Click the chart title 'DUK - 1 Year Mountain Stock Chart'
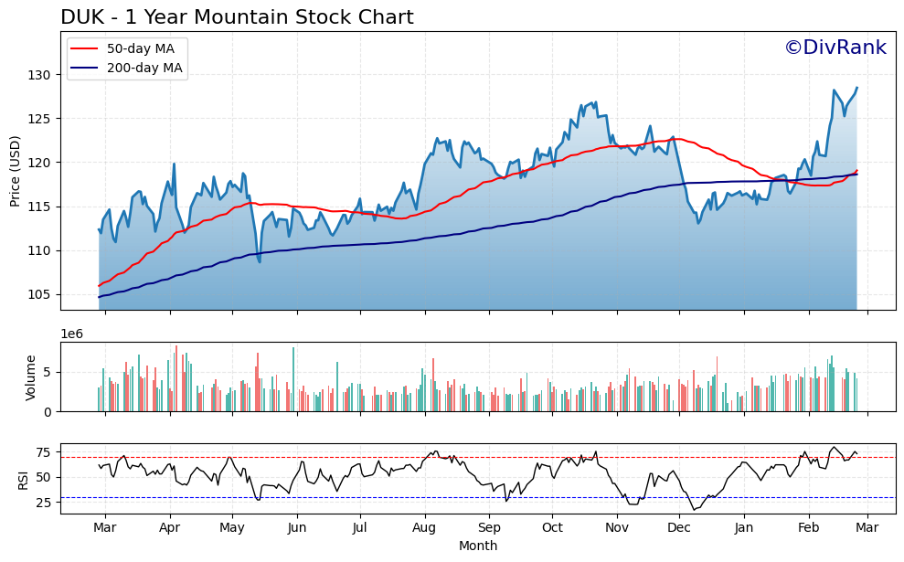[x=237, y=17]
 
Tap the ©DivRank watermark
[x=835, y=48]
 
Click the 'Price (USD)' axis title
[x=16, y=171]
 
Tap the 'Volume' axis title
[x=31, y=377]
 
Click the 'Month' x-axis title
[x=478, y=546]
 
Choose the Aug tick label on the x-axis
[x=424, y=528]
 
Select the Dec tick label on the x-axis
[x=679, y=528]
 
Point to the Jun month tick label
[x=296, y=528]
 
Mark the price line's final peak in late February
[x=856, y=88]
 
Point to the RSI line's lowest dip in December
[x=695, y=509]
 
